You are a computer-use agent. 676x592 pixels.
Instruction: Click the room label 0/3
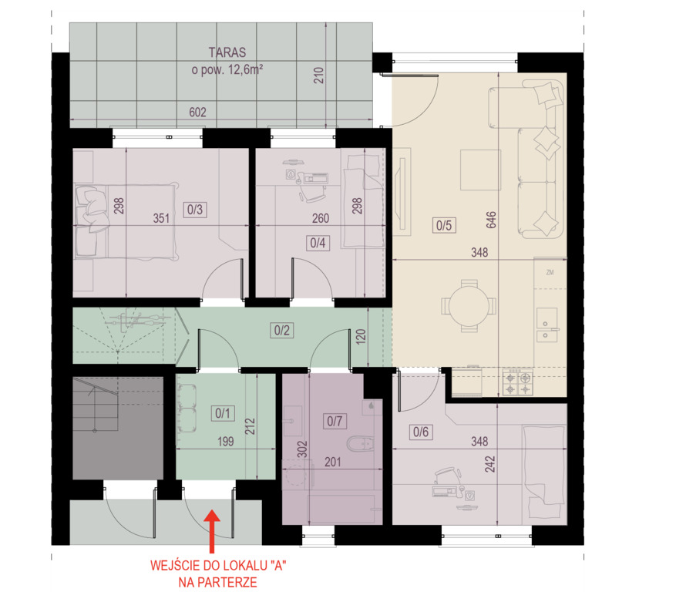(195, 210)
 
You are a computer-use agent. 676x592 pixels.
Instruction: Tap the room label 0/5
(444, 225)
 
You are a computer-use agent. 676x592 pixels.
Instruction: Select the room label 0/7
(335, 421)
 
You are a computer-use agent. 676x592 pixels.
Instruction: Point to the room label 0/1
(223, 413)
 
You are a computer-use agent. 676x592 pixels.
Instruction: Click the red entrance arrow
(212, 531)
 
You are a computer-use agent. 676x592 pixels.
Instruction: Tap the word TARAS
(227, 52)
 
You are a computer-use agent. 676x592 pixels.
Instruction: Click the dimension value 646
(491, 220)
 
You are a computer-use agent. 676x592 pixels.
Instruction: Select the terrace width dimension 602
(197, 112)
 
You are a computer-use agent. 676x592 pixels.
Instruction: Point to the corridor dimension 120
(361, 336)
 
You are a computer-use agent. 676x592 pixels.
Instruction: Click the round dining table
(469, 306)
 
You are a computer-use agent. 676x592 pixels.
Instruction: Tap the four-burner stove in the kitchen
(518, 382)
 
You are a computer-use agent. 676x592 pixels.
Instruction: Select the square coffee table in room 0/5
(480, 170)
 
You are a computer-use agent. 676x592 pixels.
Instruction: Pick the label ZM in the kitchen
(550, 273)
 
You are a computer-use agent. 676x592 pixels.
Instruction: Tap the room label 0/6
(421, 432)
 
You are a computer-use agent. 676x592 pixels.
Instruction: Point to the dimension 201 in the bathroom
(332, 462)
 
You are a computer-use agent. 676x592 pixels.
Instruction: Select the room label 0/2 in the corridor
(282, 330)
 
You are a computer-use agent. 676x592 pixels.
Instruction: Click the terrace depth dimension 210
(318, 76)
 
